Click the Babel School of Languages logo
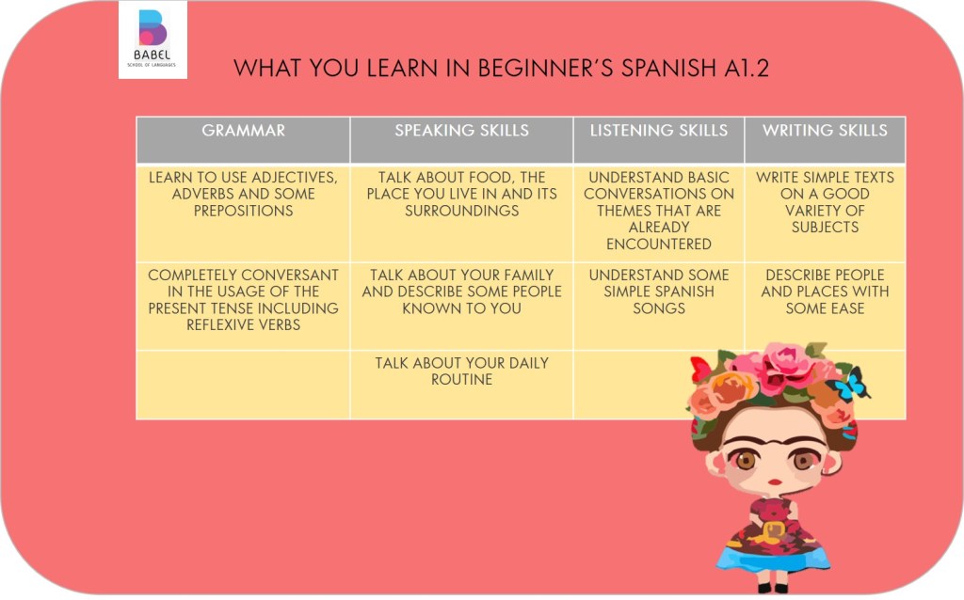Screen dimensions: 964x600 153,39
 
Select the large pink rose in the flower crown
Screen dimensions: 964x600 783,368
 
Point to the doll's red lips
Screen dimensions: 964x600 776,482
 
